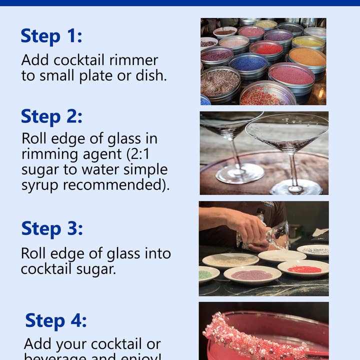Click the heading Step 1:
click(x=51, y=36)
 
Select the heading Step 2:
click(x=51, y=116)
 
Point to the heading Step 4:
click(x=56, y=320)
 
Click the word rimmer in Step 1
click(x=135, y=60)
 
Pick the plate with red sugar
click(x=303, y=269)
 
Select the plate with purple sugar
click(x=252, y=274)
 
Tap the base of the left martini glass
click(x=239, y=173)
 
